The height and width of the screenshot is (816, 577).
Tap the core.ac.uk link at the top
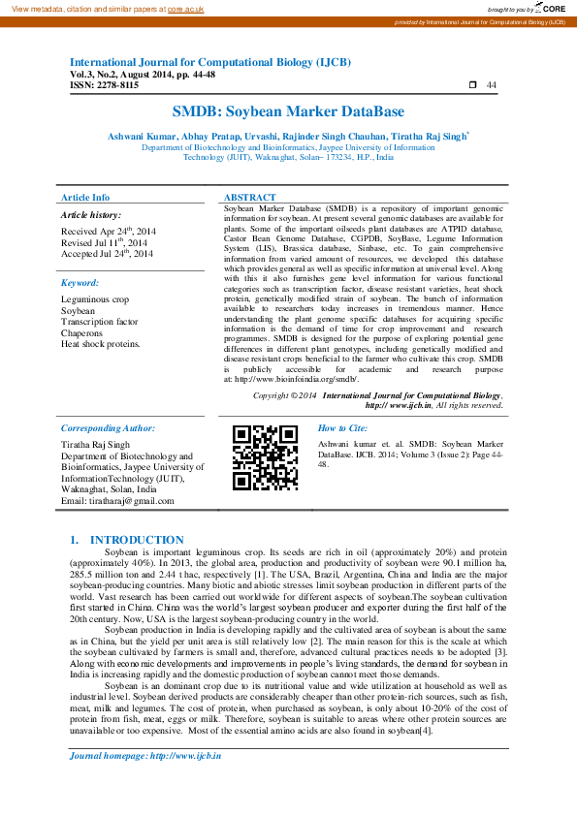184,9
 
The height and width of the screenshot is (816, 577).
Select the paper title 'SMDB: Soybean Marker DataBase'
288,111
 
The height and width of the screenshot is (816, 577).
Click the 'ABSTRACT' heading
249,197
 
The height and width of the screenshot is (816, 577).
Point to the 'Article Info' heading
85,197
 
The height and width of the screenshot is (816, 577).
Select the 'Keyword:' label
80,283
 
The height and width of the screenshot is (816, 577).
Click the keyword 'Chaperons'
82,332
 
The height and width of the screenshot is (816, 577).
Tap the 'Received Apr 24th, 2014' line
108,232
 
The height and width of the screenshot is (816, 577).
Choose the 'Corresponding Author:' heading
108,427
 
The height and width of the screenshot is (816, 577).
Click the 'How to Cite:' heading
342,427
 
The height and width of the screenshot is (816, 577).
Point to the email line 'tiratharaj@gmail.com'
117,501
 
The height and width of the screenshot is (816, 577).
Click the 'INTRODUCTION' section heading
137,540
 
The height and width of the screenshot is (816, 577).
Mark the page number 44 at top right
492,85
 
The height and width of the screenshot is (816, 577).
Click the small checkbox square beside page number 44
471,85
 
